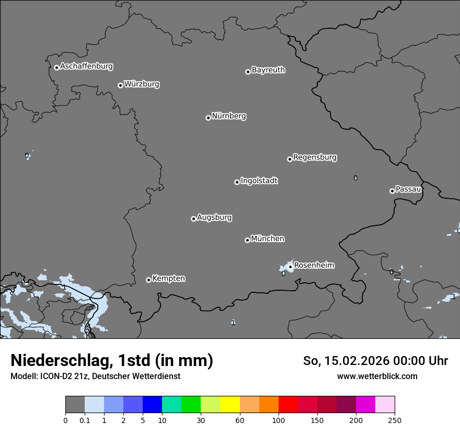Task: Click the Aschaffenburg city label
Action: pyautogui.click(x=86, y=66)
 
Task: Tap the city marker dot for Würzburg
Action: pyautogui.click(x=120, y=85)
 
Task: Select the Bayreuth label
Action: pyautogui.click(x=268, y=70)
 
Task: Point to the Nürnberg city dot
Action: pyautogui.click(x=208, y=118)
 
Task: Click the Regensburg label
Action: pyautogui.click(x=315, y=157)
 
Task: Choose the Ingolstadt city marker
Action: pyautogui.click(x=237, y=182)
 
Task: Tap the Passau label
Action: pyautogui.click(x=408, y=189)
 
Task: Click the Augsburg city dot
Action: pyautogui.click(x=193, y=219)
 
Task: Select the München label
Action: pyautogui.click(x=268, y=239)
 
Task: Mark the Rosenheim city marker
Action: pyautogui.click(x=290, y=267)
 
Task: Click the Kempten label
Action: pyautogui.click(x=168, y=279)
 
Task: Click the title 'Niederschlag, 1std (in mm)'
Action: pyautogui.click(x=112, y=361)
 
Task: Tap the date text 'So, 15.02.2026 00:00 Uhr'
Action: pyautogui.click(x=375, y=361)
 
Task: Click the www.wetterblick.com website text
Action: pyautogui.click(x=377, y=376)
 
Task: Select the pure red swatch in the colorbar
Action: pyautogui.click(x=288, y=405)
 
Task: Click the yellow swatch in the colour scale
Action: pyautogui.click(x=230, y=405)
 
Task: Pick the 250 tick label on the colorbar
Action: pyautogui.click(x=395, y=420)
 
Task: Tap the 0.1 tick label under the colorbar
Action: pyautogui.click(x=84, y=420)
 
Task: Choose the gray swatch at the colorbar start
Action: pyautogui.click(x=75, y=405)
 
